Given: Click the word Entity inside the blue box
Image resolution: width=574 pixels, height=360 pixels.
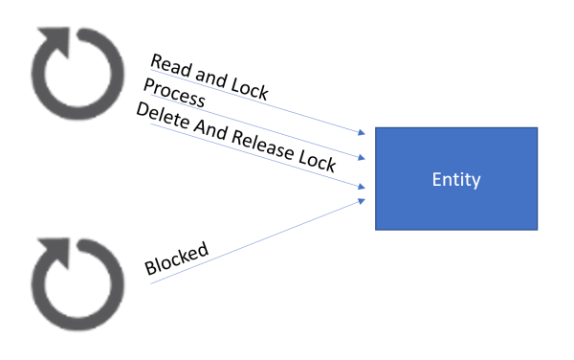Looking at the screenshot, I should tap(455, 179).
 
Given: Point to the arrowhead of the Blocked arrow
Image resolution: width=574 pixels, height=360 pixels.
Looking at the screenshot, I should tap(363, 199).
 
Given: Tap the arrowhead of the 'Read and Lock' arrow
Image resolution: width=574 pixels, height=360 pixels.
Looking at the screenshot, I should tap(363, 132).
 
